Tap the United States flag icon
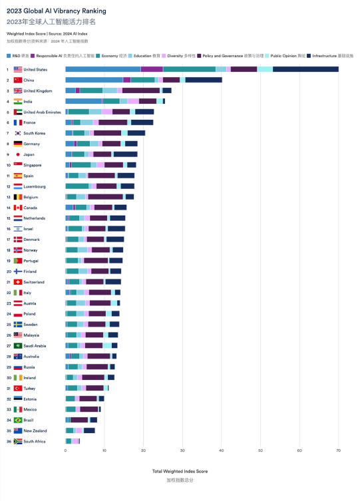click(x=18, y=69)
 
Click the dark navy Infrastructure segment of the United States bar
click(x=305, y=69)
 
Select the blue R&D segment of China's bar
click(x=94, y=80)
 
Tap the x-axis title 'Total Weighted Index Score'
click(x=180, y=471)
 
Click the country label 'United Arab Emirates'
click(x=43, y=112)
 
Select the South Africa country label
click(x=35, y=441)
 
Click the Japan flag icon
click(x=18, y=154)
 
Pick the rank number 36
click(x=8, y=441)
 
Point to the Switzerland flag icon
click(x=18, y=281)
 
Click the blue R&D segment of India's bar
click(x=83, y=101)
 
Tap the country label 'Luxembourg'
click(x=35, y=186)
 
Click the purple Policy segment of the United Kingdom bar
click(x=140, y=90)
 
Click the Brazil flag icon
click(x=18, y=420)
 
